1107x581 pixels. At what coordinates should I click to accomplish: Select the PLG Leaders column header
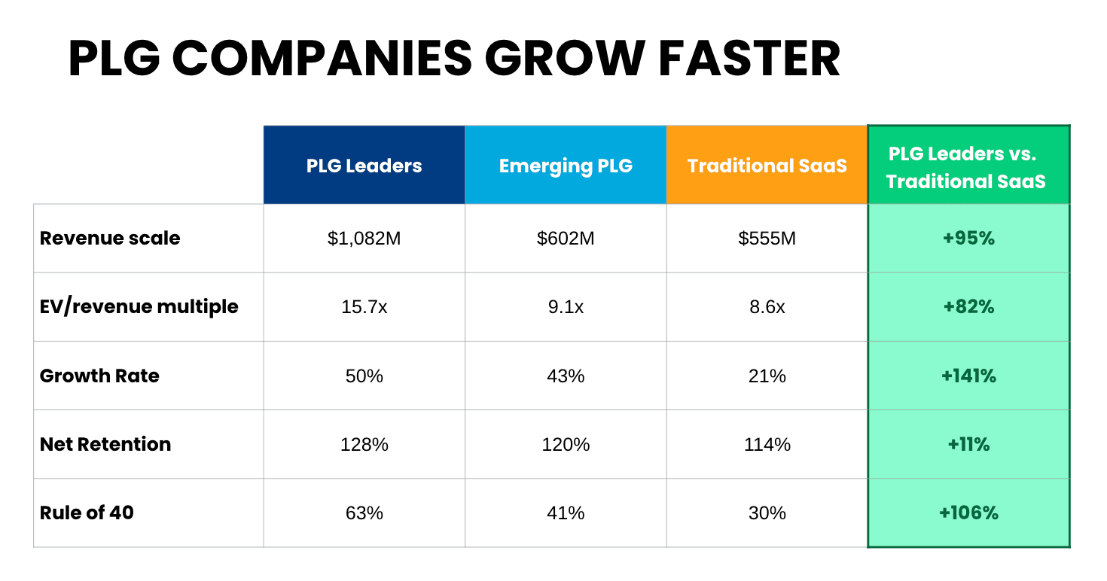pyautogui.click(x=364, y=166)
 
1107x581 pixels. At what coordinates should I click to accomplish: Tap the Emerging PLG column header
pyautogui.click(x=566, y=166)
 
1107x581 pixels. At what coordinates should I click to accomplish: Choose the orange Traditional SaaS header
pyautogui.click(x=767, y=166)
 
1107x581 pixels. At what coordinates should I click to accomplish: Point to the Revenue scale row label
pyautogui.click(x=110, y=239)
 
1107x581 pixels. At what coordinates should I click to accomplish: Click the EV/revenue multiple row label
pyautogui.click(x=139, y=307)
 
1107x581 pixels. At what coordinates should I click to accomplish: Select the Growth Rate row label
pyautogui.click(x=99, y=376)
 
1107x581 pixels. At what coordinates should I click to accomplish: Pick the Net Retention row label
pyautogui.click(x=105, y=444)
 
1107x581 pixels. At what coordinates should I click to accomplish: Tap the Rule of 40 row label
pyautogui.click(x=87, y=513)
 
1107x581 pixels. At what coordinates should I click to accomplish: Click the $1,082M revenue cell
pyautogui.click(x=364, y=239)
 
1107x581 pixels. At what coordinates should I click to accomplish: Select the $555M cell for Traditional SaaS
pyautogui.click(x=767, y=239)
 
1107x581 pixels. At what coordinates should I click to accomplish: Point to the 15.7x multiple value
pyautogui.click(x=364, y=307)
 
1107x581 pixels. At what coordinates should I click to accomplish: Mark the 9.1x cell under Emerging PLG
pyautogui.click(x=566, y=307)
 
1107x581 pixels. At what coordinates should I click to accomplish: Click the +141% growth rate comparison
pyautogui.click(x=968, y=376)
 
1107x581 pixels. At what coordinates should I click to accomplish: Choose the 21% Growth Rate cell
pyautogui.click(x=767, y=376)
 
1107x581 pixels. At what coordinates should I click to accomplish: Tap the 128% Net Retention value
pyautogui.click(x=364, y=444)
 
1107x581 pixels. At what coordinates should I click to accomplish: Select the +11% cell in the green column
pyautogui.click(x=968, y=444)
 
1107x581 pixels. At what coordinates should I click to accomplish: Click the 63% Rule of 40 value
pyautogui.click(x=364, y=513)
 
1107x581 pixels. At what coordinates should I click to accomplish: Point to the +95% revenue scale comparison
pyautogui.click(x=968, y=239)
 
